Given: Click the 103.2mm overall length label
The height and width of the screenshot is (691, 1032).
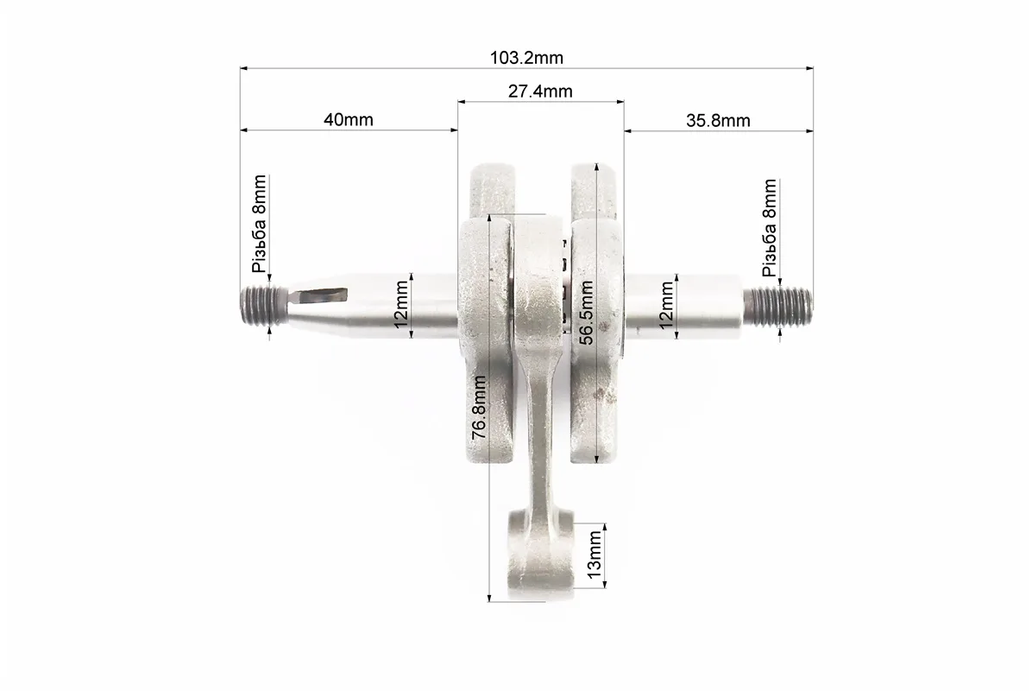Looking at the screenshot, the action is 526,58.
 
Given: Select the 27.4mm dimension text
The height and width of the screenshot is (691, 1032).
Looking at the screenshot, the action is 540,91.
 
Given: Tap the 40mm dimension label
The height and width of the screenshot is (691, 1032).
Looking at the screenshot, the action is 348,120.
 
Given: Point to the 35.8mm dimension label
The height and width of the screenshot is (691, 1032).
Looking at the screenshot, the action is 718,121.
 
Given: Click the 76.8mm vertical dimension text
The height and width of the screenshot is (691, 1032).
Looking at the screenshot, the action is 479,407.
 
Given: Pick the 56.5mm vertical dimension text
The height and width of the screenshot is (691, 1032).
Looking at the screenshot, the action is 586,312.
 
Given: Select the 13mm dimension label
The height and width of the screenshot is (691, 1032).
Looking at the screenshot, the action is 595,555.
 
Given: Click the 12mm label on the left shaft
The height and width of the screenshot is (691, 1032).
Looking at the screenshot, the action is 401,304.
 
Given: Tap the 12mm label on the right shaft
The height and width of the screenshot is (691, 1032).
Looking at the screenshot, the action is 667,305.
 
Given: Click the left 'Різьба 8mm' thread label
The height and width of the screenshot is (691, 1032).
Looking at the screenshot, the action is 260,224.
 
